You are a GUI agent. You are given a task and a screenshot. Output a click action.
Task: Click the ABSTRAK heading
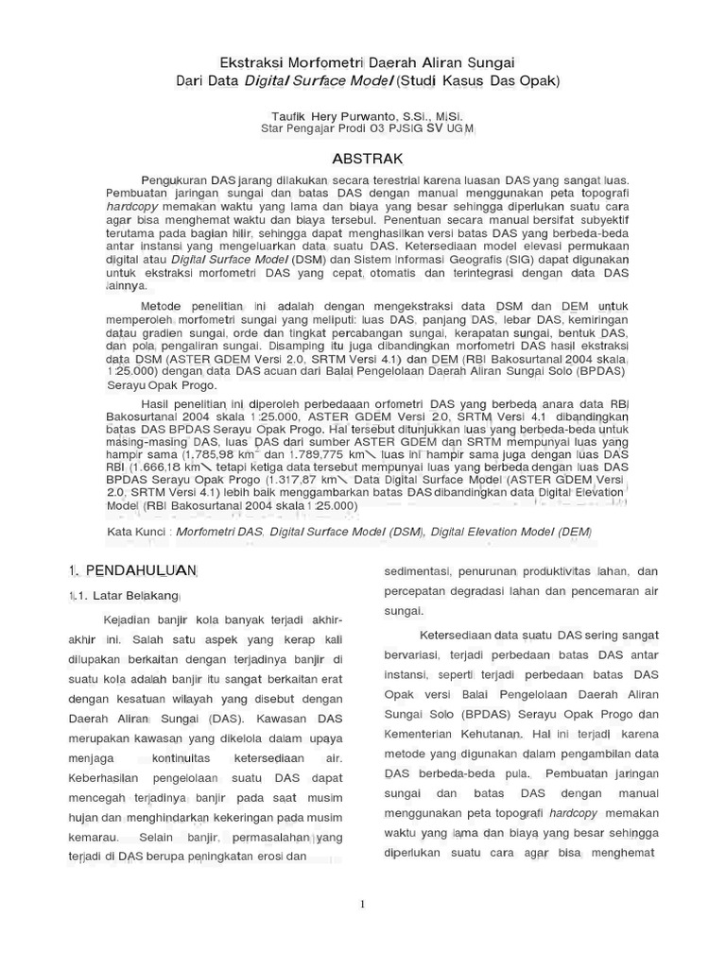pos(366,157)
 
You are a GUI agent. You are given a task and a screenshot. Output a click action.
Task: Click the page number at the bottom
pos(362,904)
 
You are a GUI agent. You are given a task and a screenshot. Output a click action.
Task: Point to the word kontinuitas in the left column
pos(185,757)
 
